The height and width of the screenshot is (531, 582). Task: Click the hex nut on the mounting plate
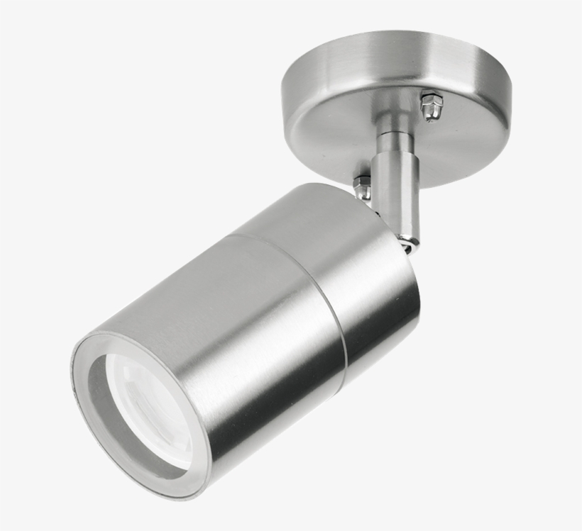pos(431,106)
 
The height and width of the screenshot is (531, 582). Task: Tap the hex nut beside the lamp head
pos(362,186)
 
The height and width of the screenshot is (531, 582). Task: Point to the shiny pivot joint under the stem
pos(409,243)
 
